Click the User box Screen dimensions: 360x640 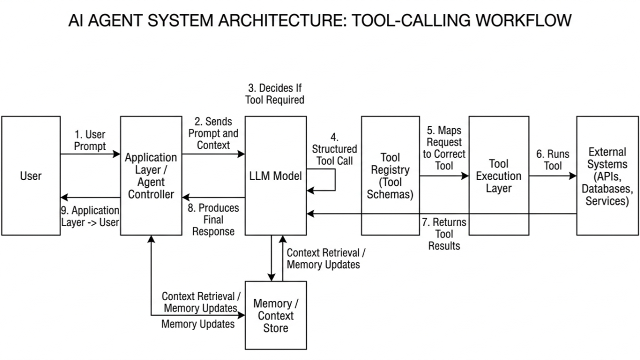tap(31, 176)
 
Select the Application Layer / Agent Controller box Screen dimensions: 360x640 tap(151, 176)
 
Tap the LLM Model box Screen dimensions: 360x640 tap(276, 176)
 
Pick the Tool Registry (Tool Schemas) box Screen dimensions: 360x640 tap(390, 176)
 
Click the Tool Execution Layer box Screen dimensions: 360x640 tap(498, 176)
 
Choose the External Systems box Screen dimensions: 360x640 tap(607, 176)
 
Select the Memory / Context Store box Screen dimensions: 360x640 tap(276, 315)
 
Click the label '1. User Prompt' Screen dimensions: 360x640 tap(90, 140)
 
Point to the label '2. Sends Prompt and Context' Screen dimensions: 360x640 tap(213, 133)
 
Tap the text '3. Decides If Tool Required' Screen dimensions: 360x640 tap(274, 94)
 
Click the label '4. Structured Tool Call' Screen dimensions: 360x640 tap(334, 149)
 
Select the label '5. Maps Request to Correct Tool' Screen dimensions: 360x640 tap(444, 148)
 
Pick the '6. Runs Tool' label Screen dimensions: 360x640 tap(553, 160)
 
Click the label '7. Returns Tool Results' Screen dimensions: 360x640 tap(444, 233)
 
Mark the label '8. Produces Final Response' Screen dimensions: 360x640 tap(214, 219)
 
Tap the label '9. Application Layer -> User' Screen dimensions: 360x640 tap(90, 216)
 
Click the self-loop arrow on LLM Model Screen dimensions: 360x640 tap(334, 180)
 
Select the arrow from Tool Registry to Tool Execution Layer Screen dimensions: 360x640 tap(444, 176)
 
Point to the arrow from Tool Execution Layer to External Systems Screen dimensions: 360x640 tap(552, 176)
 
